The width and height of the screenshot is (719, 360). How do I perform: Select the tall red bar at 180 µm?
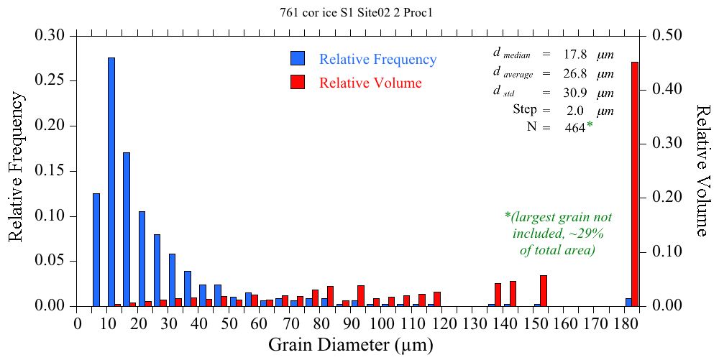click(x=635, y=184)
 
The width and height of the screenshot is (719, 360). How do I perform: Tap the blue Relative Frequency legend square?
click(x=298, y=59)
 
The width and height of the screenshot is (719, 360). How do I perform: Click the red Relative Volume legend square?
click(x=298, y=82)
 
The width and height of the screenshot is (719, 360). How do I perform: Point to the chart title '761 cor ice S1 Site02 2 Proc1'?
click(x=360, y=12)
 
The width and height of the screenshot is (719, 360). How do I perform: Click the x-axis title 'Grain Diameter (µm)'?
click(x=351, y=345)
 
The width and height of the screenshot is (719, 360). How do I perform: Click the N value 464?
click(x=574, y=129)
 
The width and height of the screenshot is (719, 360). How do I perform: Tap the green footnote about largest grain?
click(x=558, y=234)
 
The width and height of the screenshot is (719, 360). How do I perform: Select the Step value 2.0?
click(x=574, y=111)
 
